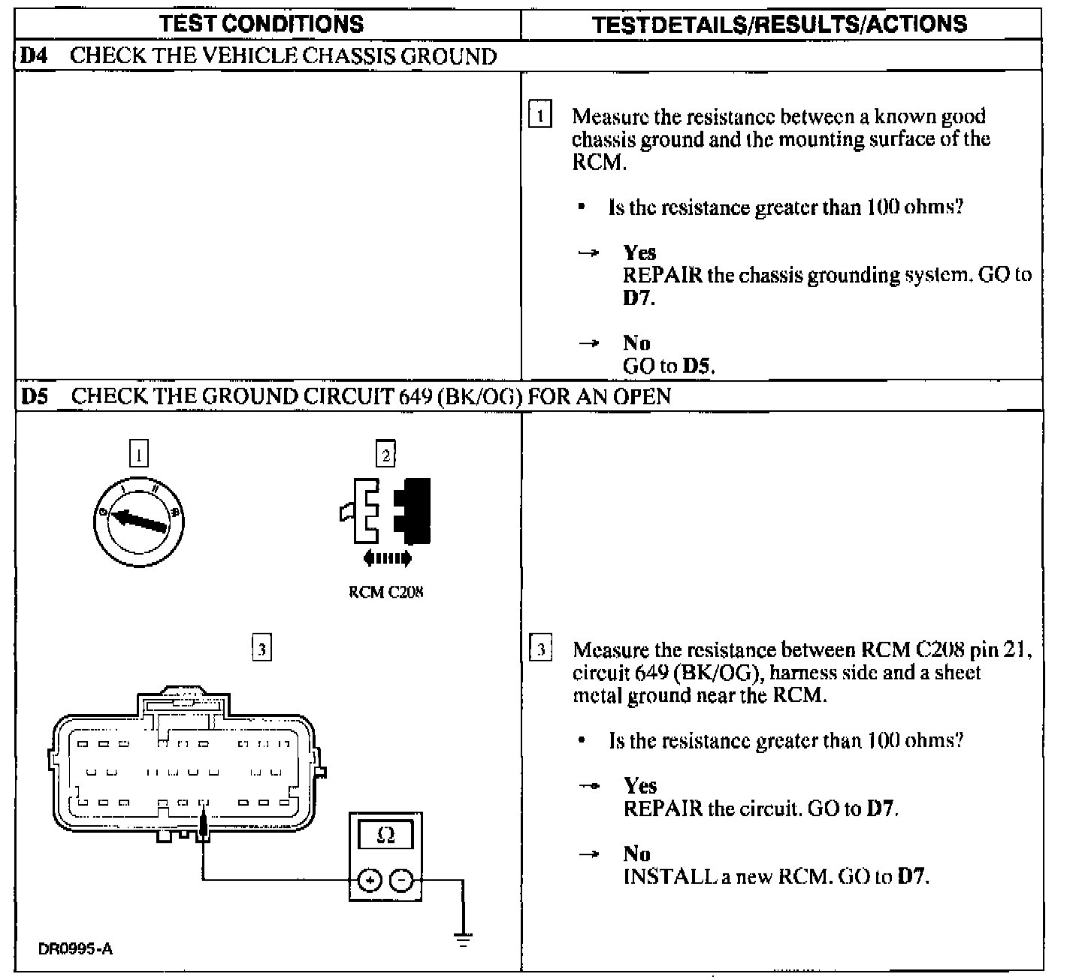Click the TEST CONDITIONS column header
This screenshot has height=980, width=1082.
tap(261, 23)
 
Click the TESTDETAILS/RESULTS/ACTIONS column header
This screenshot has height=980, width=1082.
tap(779, 23)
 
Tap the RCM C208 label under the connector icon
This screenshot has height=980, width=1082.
tap(385, 591)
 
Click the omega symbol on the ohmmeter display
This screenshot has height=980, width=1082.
tap(385, 835)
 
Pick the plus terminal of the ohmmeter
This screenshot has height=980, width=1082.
tap(369, 879)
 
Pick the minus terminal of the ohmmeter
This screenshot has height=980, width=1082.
tap(402, 879)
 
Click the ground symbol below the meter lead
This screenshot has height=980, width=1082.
tap(463, 939)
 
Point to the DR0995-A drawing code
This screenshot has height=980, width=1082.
tap(75, 948)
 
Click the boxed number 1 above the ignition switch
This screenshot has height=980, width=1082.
tap(139, 454)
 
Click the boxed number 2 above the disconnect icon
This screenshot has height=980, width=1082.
tap(385, 454)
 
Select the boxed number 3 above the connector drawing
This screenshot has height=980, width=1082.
tap(261, 648)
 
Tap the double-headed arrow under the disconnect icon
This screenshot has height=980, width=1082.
tap(387, 558)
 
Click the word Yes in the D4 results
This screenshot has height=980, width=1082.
tap(639, 253)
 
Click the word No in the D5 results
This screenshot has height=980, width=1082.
tap(636, 854)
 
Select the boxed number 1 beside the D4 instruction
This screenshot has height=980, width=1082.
tap(539, 116)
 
